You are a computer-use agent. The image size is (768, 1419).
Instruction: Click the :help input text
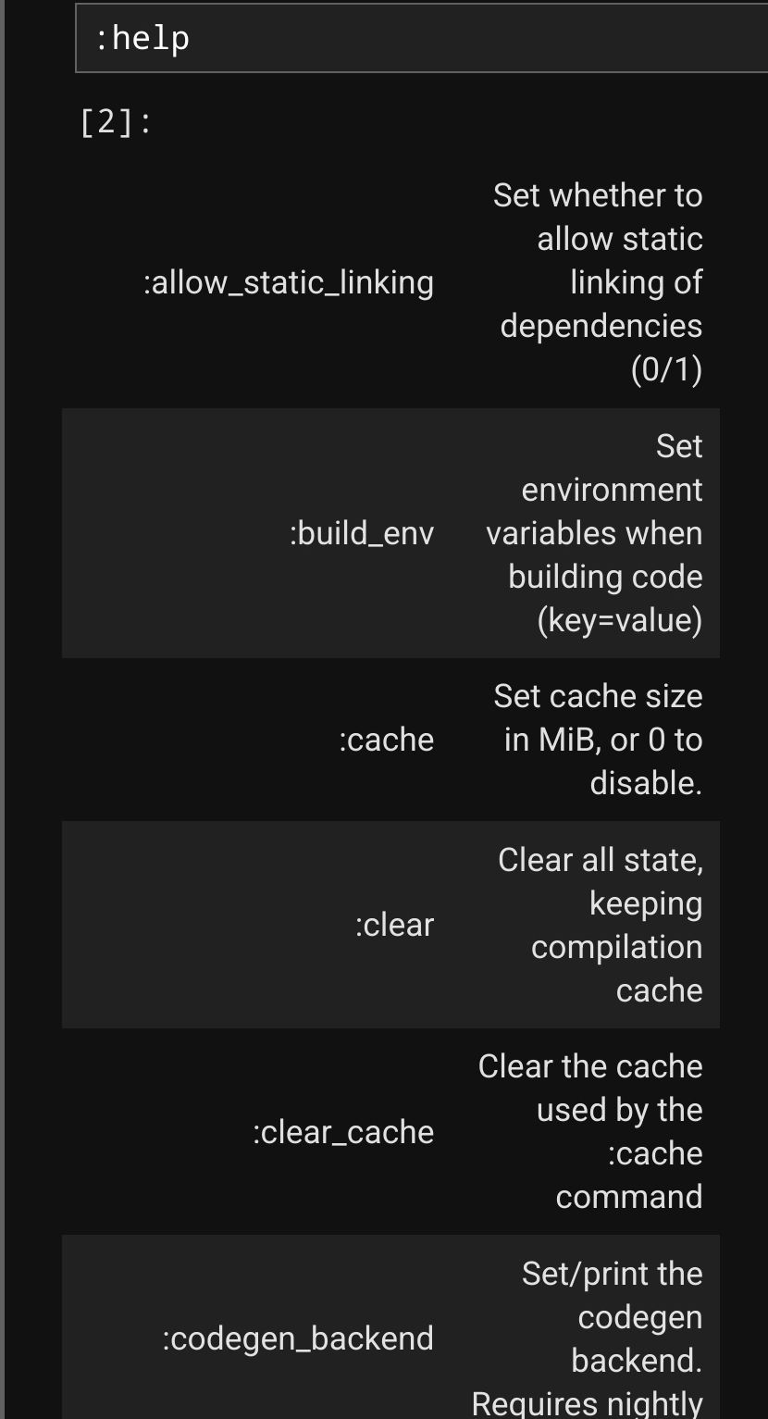(142, 39)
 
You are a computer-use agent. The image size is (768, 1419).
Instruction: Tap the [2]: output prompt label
(116, 123)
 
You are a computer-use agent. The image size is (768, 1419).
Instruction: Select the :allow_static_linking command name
(289, 282)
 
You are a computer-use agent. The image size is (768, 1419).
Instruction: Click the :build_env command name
(362, 533)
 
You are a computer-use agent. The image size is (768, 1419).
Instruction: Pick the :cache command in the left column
(387, 740)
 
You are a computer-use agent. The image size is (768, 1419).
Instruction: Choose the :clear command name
(394, 925)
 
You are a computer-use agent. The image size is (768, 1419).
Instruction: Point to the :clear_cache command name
(343, 1132)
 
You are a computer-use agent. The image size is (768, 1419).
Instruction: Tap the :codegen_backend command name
(298, 1338)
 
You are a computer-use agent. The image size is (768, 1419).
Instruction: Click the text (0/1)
(666, 369)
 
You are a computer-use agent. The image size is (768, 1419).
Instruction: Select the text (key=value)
(620, 619)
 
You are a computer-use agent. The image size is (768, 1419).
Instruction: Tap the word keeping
(646, 903)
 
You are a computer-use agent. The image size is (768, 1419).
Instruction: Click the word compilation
(616, 947)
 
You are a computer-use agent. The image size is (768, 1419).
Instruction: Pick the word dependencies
(601, 326)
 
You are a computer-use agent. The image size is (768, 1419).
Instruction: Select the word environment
(612, 490)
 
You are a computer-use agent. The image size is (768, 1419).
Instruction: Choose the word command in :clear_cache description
(629, 1197)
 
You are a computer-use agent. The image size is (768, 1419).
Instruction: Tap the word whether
(605, 195)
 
